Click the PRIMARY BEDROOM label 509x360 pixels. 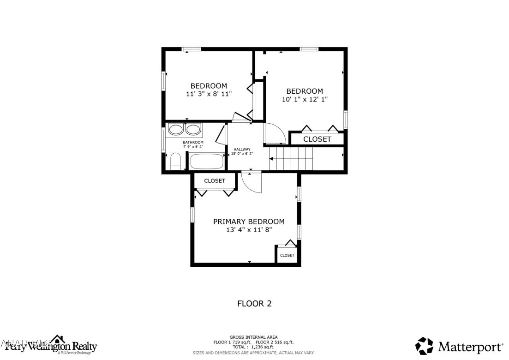[249, 222]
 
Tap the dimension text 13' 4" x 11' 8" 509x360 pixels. [249, 230]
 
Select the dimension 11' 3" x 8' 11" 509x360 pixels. [209, 94]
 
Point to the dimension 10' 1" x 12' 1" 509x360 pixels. [305, 99]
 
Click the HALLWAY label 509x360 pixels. [242, 149]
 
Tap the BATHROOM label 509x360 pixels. [192, 142]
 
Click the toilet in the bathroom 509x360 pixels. [175, 162]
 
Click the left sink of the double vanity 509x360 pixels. [175, 129]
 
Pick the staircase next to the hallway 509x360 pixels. [291, 159]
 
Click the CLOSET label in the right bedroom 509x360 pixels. [317, 139]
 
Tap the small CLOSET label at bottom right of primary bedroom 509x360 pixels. [287, 255]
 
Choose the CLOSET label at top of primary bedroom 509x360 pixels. [215, 180]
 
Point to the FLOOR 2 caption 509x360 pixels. [254, 304]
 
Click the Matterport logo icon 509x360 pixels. [425, 346]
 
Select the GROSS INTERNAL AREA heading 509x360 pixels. [253, 337]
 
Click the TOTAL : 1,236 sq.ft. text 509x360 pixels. [253, 347]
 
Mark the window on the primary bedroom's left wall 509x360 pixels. [192, 215]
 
